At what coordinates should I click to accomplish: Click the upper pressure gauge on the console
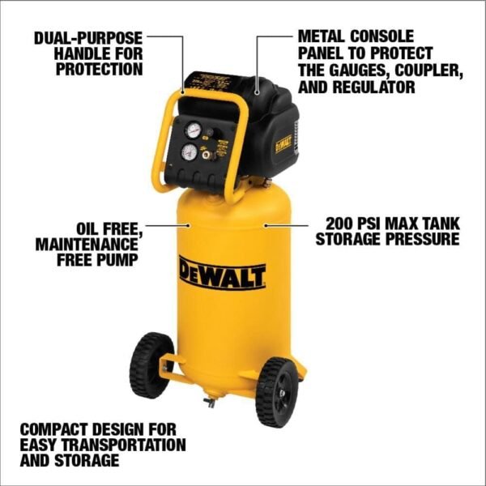point(193,130)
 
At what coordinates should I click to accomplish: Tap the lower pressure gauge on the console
point(190,151)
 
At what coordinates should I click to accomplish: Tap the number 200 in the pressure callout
point(339,223)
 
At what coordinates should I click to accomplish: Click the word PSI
point(374,223)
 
